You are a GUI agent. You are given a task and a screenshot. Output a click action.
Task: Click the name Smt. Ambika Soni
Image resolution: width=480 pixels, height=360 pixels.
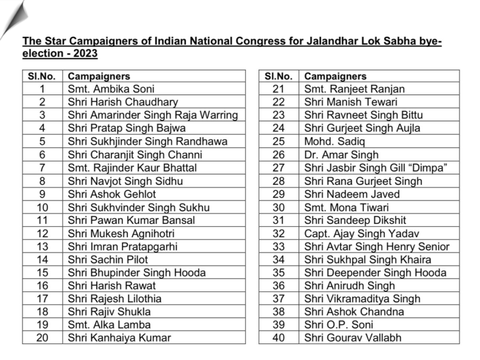tap(111, 89)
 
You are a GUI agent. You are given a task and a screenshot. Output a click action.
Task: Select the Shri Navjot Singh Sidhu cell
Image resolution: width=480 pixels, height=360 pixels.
tap(125, 181)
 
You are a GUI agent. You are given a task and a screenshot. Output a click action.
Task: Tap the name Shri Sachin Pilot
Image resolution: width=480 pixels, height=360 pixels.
tap(108, 259)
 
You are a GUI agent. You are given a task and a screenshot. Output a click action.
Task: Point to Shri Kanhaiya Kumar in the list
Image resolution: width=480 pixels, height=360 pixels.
tap(120, 337)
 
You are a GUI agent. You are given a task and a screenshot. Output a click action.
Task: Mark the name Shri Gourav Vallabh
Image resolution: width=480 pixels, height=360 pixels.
tap(352, 337)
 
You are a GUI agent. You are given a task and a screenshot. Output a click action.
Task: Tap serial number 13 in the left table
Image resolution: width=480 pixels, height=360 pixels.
tap(42, 246)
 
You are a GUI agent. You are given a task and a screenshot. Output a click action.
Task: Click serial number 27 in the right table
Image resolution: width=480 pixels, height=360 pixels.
tap(278, 168)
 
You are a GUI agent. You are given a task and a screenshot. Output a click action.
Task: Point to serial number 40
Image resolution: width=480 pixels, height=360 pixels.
tap(278, 337)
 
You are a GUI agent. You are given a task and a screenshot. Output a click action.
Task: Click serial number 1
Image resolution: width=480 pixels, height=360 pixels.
tap(42, 89)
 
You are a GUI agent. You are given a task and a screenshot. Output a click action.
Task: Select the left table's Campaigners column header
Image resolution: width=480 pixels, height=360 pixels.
tap(99, 76)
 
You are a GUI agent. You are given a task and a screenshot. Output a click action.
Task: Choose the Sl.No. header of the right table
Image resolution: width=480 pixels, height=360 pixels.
tap(278, 76)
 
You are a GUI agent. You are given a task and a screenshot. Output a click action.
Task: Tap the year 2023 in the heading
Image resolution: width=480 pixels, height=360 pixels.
tap(85, 53)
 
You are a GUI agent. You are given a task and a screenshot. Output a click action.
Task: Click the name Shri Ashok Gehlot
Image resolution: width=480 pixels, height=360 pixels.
tap(112, 194)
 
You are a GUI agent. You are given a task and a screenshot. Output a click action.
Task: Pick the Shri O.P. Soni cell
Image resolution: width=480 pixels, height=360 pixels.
tap(332, 324)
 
